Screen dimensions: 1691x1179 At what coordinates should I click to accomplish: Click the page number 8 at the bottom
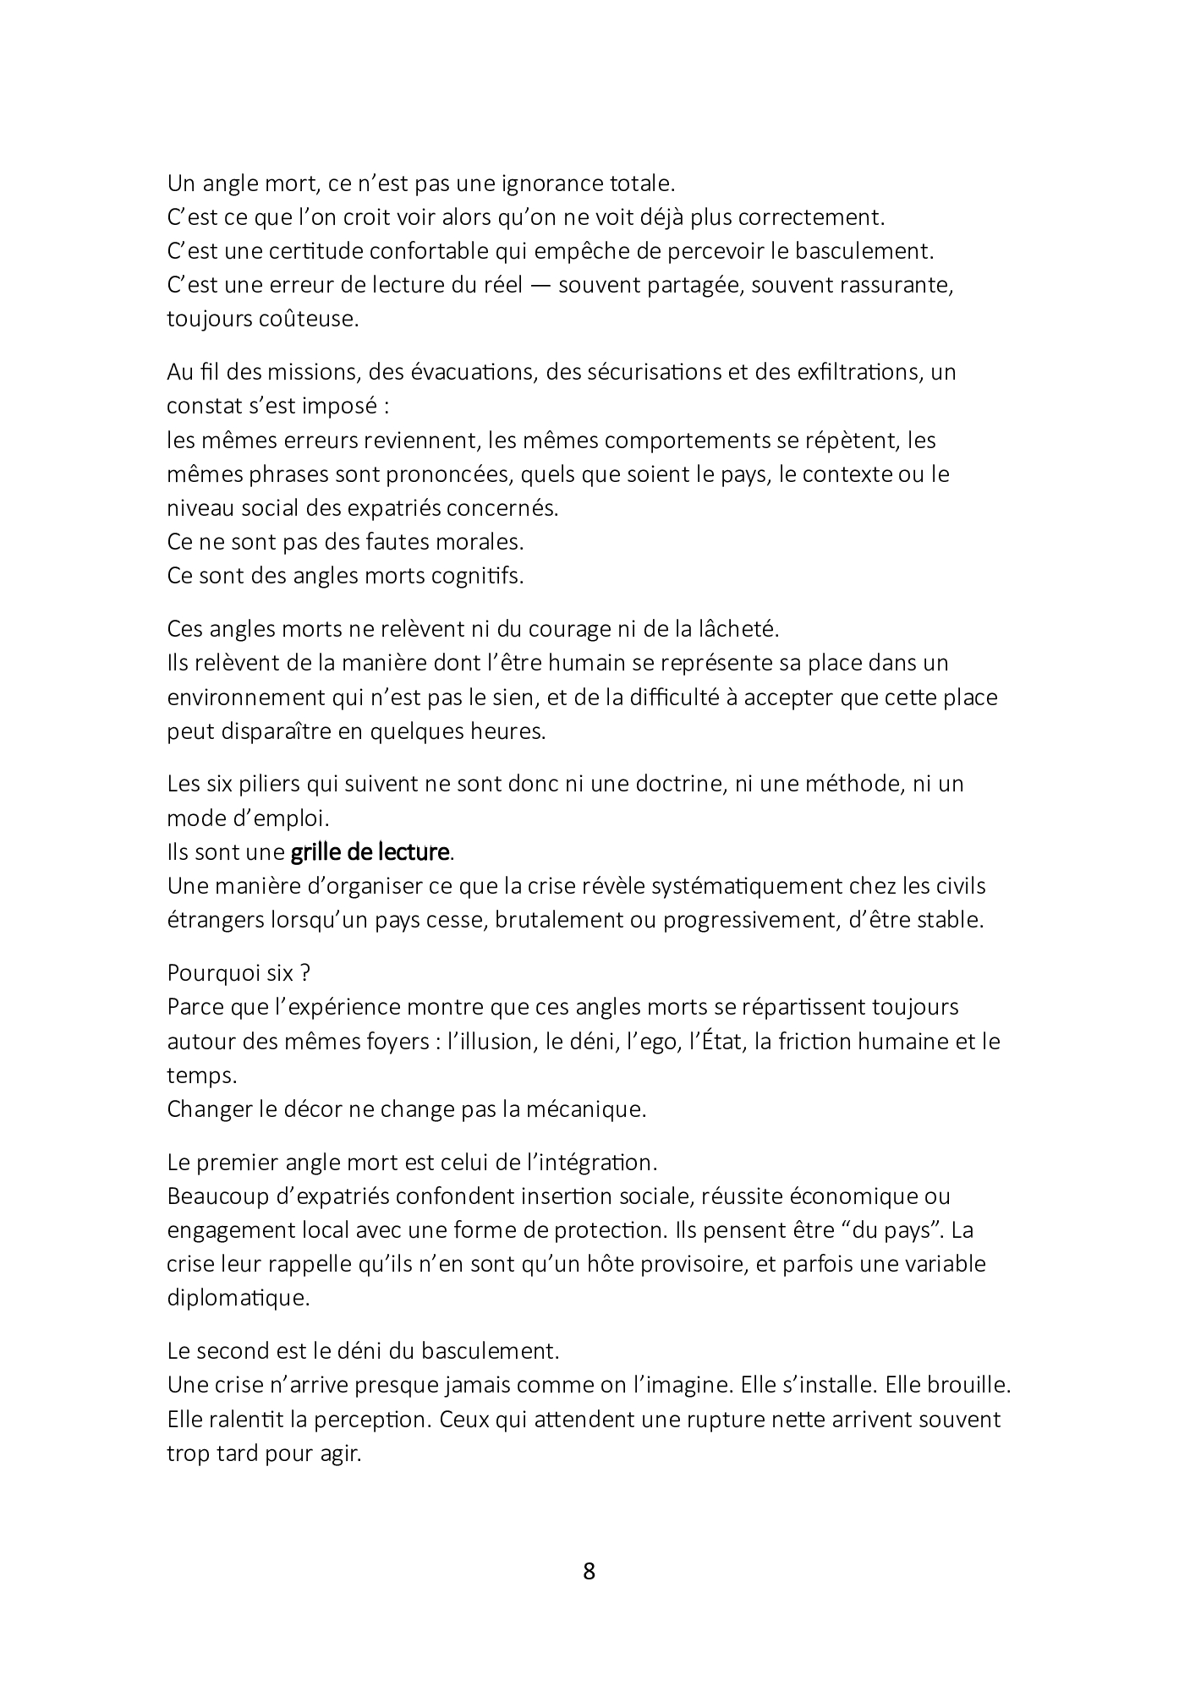[x=589, y=1572]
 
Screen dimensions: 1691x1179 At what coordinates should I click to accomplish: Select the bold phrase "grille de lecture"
[x=369, y=852]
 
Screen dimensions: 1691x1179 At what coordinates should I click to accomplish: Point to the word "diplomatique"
[x=239, y=1298]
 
